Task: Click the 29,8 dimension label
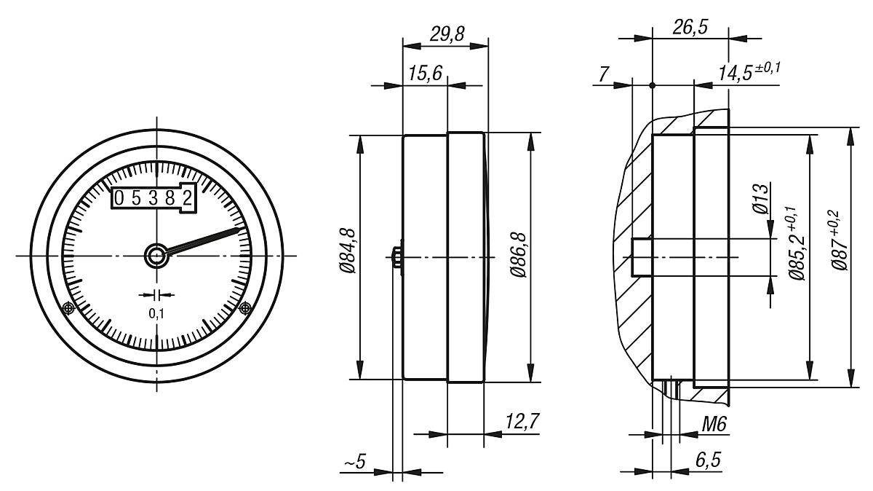pos(445,34)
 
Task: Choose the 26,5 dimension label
pos(689,27)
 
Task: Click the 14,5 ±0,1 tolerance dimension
pos(752,73)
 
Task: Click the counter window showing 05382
pos(154,197)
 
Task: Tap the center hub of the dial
pos(155,255)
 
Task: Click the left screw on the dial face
pos(68,308)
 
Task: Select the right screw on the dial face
pos(245,308)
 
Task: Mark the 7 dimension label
pos(603,73)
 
